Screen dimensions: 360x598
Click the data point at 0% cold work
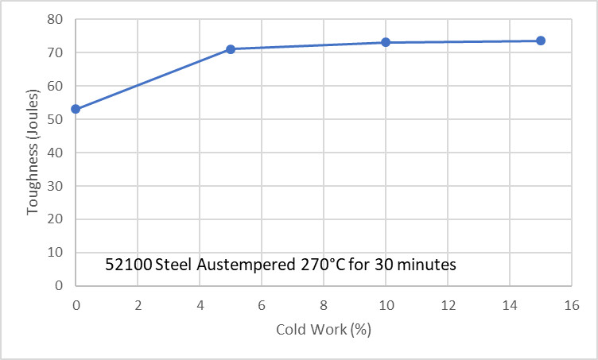point(76,109)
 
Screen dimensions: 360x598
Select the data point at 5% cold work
point(231,49)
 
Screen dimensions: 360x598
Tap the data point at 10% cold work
point(386,42)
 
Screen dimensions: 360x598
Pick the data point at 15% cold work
point(541,41)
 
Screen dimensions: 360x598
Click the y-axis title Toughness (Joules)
point(33,152)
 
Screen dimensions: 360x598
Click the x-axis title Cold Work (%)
point(324,329)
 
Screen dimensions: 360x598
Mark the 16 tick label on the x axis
point(572,304)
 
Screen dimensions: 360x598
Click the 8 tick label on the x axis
point(324,304)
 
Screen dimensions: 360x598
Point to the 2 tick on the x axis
point(138,304)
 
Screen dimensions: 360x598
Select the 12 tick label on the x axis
point(448,304)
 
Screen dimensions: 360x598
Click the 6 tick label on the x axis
point(262,304)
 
